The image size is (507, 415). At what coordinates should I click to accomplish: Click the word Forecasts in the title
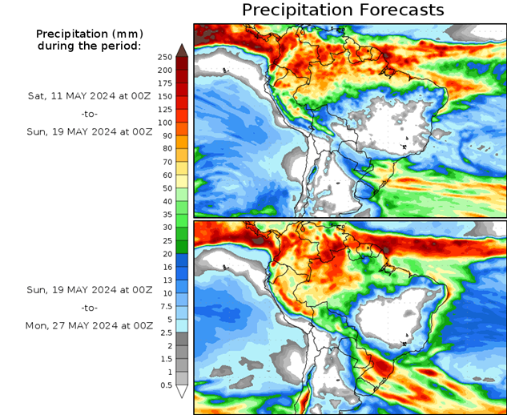399,10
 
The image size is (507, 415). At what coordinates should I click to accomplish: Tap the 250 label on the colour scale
165,57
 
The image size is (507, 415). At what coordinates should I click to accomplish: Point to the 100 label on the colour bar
165,123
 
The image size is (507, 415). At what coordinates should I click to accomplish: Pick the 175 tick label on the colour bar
165,83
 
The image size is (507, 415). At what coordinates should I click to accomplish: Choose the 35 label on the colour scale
167,214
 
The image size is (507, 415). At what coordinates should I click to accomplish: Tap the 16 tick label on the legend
167,267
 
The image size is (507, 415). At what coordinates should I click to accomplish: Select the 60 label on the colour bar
167,175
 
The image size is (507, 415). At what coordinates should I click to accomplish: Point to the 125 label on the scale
165,109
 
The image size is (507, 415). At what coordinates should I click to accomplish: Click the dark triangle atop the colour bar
182,50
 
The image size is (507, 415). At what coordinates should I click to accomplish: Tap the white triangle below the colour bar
182,392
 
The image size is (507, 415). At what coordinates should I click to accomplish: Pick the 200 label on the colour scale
165,71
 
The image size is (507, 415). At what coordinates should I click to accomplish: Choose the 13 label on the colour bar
167,280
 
